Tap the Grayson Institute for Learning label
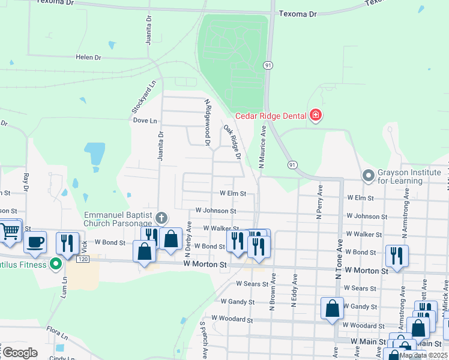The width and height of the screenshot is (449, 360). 408,176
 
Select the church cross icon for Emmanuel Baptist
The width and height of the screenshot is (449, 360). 160,217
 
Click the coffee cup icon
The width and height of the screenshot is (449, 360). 35,242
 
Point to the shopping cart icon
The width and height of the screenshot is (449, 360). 11,231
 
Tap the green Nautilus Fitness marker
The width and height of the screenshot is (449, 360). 56,263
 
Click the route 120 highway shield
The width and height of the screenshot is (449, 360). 82,259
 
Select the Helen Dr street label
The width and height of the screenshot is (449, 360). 88,57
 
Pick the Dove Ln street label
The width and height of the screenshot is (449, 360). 145,120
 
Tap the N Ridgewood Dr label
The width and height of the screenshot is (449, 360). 208,122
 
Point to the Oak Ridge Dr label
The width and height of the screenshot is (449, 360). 232,142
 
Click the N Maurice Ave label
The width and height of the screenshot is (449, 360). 262,145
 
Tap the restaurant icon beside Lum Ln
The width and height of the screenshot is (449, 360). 66,242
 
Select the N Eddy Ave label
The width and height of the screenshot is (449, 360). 294,291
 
